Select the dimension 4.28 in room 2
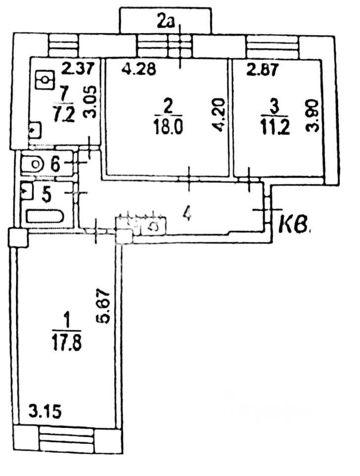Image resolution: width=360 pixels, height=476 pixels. (139, 69)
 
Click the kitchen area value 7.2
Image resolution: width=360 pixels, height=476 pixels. (65, 114)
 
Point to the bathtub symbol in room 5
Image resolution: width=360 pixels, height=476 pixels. (45, 217)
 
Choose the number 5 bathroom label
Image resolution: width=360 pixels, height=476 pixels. (46, 194)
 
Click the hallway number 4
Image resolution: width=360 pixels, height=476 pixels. (186, 214)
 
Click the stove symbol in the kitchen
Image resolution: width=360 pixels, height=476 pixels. (45, 79)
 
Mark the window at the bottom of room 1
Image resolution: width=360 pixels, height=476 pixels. (66, 439)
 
